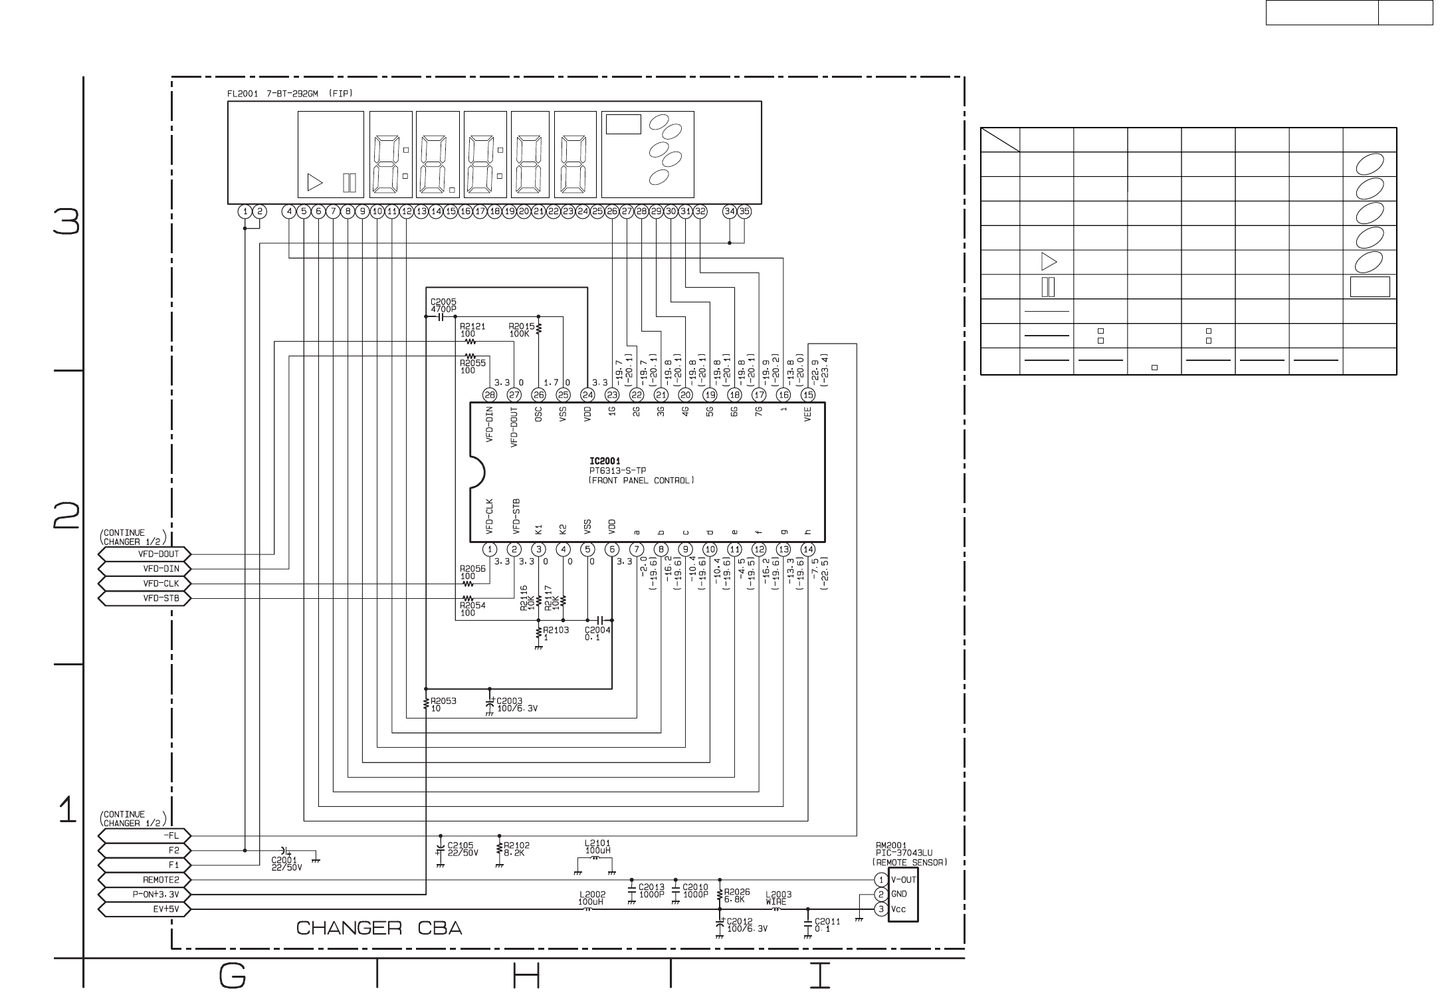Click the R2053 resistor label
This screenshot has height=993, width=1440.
point(443,705)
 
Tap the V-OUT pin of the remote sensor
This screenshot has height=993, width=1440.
point(903,879)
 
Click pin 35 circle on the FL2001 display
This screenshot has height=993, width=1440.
point(744,211)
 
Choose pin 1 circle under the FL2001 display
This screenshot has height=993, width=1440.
point(245,211)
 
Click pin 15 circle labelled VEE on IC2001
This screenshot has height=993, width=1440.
point(807,395)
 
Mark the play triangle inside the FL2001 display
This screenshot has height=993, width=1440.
point(314,183)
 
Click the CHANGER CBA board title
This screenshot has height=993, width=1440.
point(379,928)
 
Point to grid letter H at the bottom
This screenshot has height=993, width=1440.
point(526,976)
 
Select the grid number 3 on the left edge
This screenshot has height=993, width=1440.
point(67,222)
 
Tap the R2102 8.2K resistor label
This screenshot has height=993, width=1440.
point(517,850)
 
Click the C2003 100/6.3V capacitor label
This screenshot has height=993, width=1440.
point(517,705)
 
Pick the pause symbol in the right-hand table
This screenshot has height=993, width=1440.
point(1048,287)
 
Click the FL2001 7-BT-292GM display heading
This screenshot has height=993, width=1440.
point(290,94)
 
